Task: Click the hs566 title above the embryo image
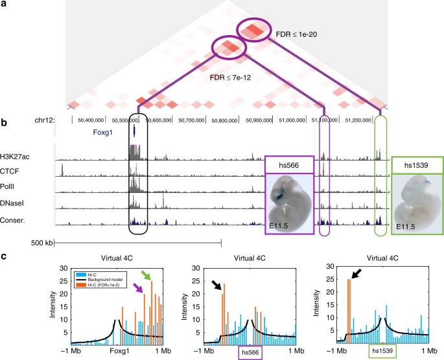(290, 164)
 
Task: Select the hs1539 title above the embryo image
(417, 164)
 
